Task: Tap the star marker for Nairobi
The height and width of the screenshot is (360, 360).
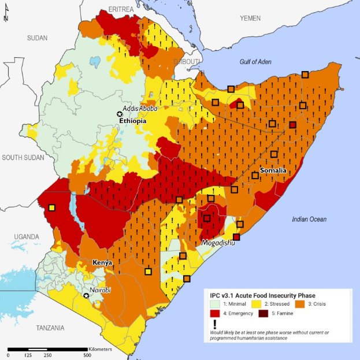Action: tap(87, 295)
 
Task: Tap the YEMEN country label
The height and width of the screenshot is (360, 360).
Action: tap(250, 18)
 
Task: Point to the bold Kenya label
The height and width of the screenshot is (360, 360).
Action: tap(102, 262)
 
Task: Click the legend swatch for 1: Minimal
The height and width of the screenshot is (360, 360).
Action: tap(213, 303)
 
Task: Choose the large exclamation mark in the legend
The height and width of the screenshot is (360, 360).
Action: tap(214, 325)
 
